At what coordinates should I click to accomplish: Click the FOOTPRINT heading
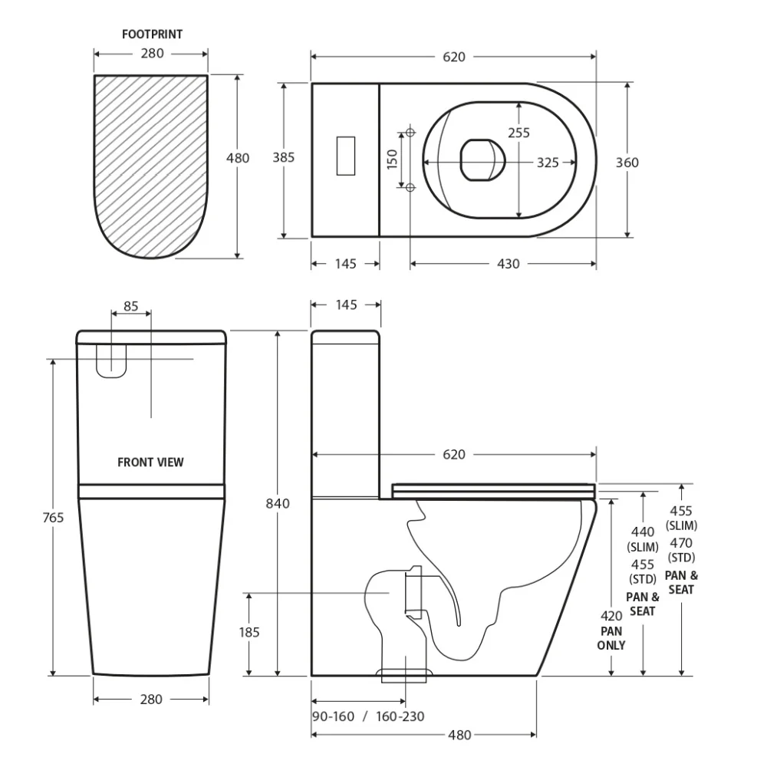coord(152,35)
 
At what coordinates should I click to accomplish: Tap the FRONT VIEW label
coord(150,463)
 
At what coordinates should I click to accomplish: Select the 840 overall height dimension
coord(278,503)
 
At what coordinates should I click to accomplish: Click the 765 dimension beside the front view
coord(53,517)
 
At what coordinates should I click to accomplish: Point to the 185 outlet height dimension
coord(249,632)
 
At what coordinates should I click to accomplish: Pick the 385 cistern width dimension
coord(284,157)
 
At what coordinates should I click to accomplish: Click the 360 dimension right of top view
coord(627,163)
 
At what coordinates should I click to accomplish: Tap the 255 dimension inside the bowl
coord(518,133)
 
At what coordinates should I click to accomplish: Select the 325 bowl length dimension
coord(548,163)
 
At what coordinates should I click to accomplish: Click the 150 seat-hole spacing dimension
coord(392,160)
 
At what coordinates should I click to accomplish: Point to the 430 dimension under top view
coord(509,264)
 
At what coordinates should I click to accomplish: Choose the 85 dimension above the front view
coord(131,306)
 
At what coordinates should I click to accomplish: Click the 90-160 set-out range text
coord(333,716)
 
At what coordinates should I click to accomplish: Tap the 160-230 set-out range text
coord(400,716)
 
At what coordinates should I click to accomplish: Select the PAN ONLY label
coord(611,638)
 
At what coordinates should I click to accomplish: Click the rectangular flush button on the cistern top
coord(345,156)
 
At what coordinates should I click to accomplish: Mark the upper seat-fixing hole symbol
coord(410,132)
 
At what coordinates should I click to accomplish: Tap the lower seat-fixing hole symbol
coord(410,187)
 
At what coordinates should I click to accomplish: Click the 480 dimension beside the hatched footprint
coord(238,158)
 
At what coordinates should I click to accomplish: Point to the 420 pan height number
coord(611,616)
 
